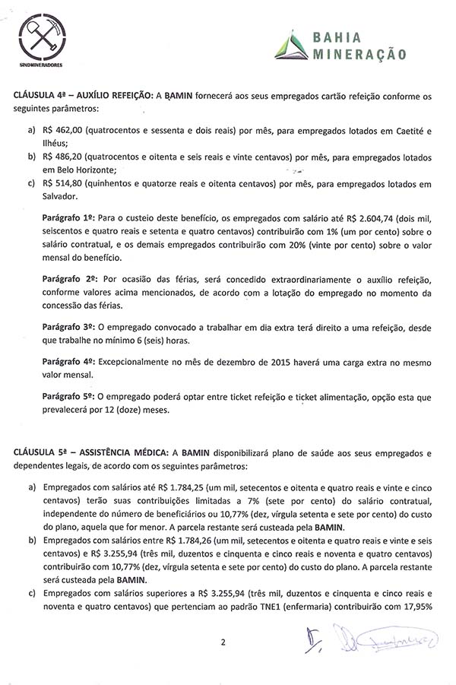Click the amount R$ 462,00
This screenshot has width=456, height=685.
tap(64, 131)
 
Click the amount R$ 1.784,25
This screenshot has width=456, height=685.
tap(177, 487)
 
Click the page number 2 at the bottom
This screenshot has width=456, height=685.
tap(223, 642)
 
